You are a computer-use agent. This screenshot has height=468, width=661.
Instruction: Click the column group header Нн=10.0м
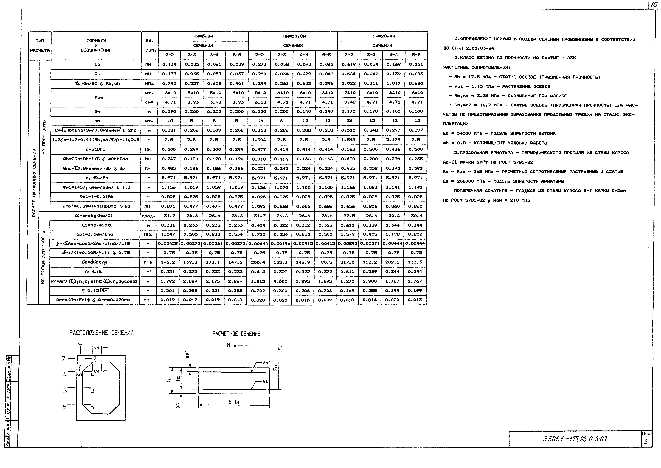click(293, 36)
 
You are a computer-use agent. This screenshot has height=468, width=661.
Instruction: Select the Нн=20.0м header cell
click(382, 36)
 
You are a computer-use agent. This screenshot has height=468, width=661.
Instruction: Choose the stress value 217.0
click(348, 262)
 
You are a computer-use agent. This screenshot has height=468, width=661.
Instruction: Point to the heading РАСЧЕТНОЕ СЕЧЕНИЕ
click(236, 334)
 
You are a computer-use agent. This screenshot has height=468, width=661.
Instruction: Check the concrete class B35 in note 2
click(571, 58)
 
